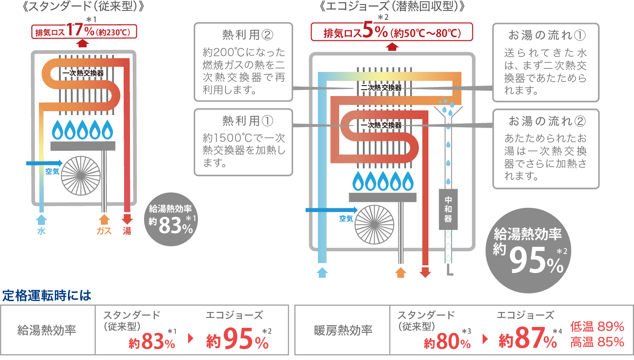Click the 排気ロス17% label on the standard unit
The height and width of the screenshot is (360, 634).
[84, 32]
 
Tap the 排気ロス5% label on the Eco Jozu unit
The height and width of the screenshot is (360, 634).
[392, 33]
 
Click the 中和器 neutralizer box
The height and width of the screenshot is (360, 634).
[448, 209]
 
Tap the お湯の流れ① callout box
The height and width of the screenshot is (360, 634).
[546, 62]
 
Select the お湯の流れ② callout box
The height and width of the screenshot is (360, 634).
[546, 149]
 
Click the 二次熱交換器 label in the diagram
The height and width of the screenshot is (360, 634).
[381, 88]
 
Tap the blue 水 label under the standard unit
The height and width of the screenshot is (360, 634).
[41, 231]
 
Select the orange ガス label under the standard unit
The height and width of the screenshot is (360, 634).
[104, 231]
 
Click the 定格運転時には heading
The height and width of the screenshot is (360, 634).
[47, 296]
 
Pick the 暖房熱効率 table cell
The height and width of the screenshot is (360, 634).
[343, 330]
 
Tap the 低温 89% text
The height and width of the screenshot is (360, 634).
[597, 326]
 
